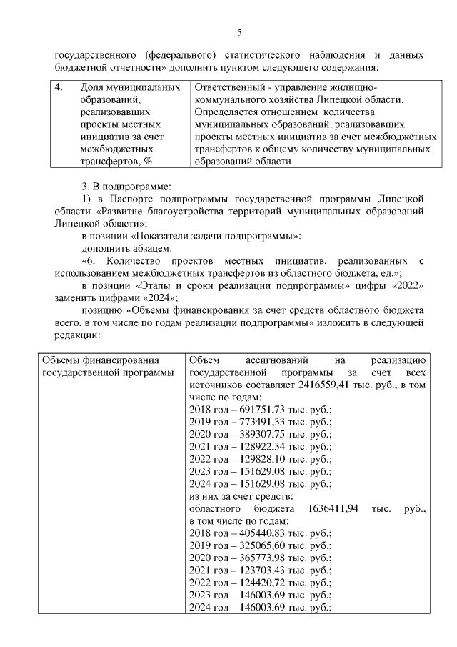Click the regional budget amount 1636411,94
click(x=338, y=508)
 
